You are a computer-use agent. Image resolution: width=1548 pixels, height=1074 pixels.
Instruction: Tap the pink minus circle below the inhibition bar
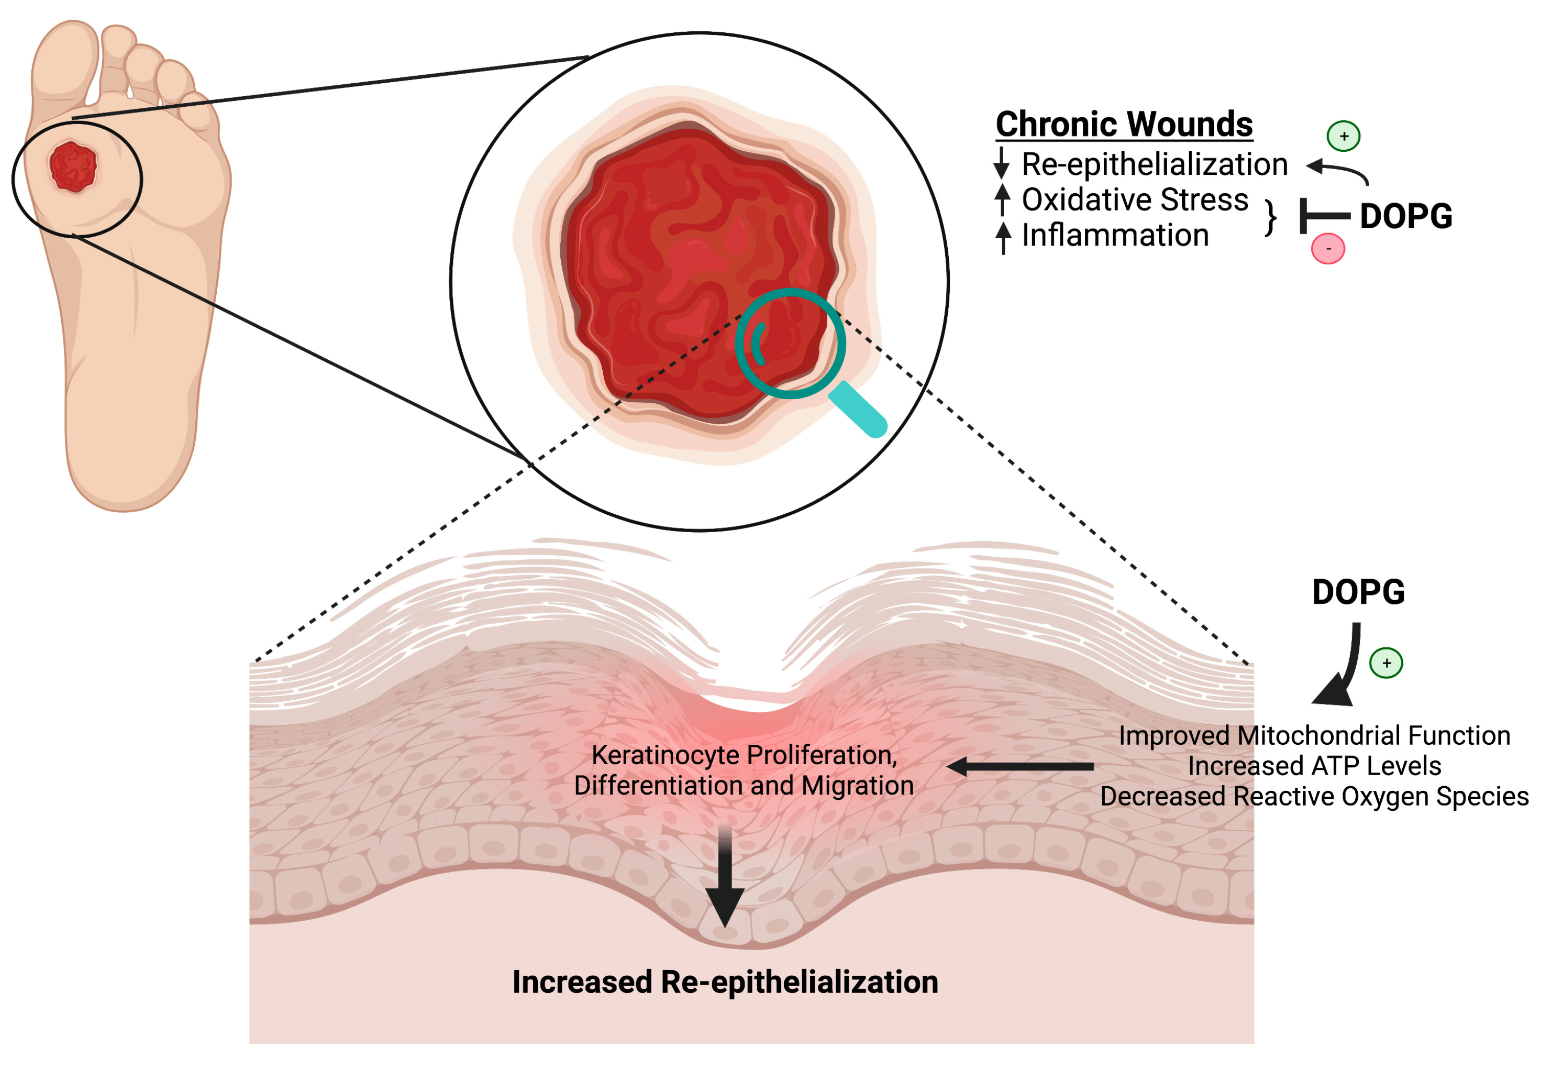click(1327, 248)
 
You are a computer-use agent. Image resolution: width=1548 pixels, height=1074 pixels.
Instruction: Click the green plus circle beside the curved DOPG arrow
click(1386, 663)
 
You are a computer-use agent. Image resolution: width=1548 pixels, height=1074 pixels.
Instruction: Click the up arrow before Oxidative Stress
click(1003, 199)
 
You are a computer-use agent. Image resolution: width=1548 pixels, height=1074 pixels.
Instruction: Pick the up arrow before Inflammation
click(1003, 237)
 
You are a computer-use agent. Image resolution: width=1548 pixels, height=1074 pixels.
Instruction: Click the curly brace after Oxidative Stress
click(1270, 217)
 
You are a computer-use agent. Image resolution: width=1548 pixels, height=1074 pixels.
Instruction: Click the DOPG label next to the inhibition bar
click(1405, 216)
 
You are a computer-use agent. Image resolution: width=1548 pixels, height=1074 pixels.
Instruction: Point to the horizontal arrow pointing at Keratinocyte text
click(1020, 766)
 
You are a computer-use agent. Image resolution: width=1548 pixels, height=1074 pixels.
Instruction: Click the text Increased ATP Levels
click(1314, 766)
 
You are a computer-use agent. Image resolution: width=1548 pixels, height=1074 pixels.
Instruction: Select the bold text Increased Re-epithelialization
click(725, 982)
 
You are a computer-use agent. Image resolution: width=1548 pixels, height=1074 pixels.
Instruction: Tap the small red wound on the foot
click(73, 166)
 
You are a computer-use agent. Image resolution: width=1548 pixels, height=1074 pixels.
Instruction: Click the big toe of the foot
click(65, 60)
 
